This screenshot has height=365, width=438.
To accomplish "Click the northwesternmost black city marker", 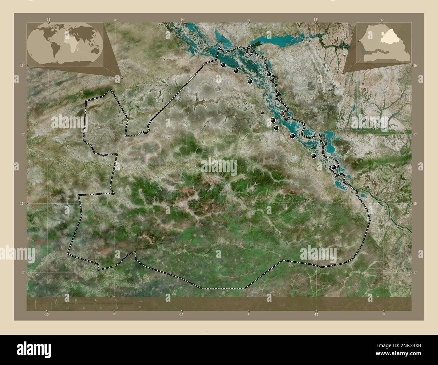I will click(223, 65).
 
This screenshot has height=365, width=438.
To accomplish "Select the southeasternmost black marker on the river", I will click(334, 167).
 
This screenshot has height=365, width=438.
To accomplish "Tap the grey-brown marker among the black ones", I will click(282, 113).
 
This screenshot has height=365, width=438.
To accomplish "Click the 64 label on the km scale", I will click(116, 300).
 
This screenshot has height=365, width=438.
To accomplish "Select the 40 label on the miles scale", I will click(116, 308).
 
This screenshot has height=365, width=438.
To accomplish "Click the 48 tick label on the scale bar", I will click(96, 300).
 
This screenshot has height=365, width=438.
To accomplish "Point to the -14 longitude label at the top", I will click(182, 20).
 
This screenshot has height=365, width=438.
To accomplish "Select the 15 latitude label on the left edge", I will click(21, 203).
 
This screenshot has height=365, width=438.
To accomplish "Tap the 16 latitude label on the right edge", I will click(415, 65).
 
